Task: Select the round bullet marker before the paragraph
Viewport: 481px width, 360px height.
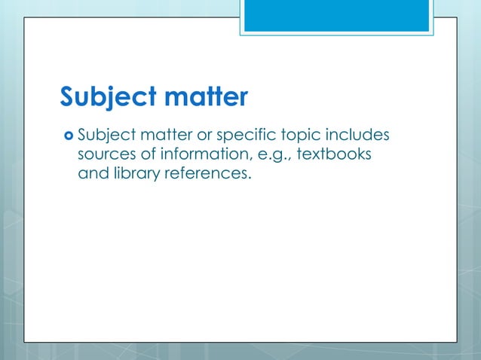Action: point(68,136)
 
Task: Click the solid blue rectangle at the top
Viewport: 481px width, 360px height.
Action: point(336,15)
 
